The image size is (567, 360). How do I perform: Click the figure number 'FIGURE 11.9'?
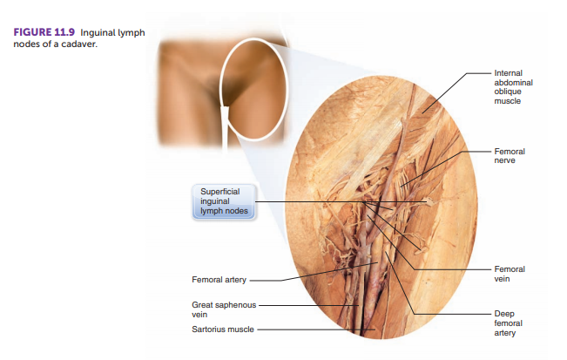coord(44,32)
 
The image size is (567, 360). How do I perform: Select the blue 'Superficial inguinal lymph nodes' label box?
coord(224,201)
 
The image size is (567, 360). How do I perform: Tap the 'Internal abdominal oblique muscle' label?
coord(513,87)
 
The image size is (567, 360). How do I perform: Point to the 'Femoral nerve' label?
coord(510,155)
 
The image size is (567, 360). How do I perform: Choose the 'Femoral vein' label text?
coord(510,274)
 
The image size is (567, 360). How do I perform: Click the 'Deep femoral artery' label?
coord(508,323)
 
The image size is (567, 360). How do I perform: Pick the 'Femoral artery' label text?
coord(219,280)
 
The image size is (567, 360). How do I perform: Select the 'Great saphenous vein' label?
coord(224,309)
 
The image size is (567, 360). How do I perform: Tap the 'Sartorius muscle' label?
coord(223,329)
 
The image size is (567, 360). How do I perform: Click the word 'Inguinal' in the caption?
coord(98,33)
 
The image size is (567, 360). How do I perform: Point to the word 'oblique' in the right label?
coord(508,92)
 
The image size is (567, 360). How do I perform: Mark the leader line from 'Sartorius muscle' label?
coord(316,329)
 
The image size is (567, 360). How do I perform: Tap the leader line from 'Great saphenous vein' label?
coord(309,305)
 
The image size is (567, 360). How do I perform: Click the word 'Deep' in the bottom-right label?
coord(504,314)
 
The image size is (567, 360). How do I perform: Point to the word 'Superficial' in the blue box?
coord(219,192)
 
